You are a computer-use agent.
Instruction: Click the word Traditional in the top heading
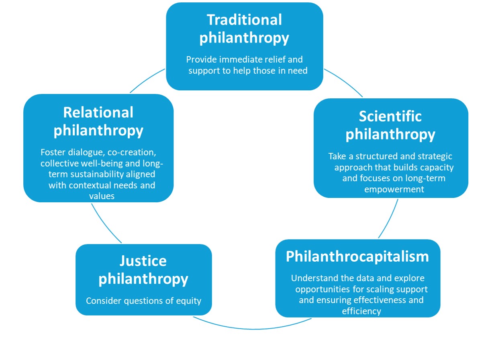tap(244, 20)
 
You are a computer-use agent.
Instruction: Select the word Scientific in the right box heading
tap(390, 116)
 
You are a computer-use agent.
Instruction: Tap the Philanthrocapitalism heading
tap(357, 256)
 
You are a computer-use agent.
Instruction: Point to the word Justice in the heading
tap(143, 261)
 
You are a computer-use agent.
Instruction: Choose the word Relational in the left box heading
tap(98, 112)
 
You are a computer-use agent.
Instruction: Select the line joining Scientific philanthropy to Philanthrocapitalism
tap(389, 219)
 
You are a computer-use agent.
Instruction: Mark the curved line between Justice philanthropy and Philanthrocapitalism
tap(253, 329)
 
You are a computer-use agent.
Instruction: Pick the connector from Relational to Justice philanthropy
tap(105, 223)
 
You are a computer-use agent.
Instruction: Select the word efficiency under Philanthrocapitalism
tap(361, 311)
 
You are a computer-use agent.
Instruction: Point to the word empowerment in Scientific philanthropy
tap(394, 189)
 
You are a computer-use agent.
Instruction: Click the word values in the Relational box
tap(102, 196)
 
